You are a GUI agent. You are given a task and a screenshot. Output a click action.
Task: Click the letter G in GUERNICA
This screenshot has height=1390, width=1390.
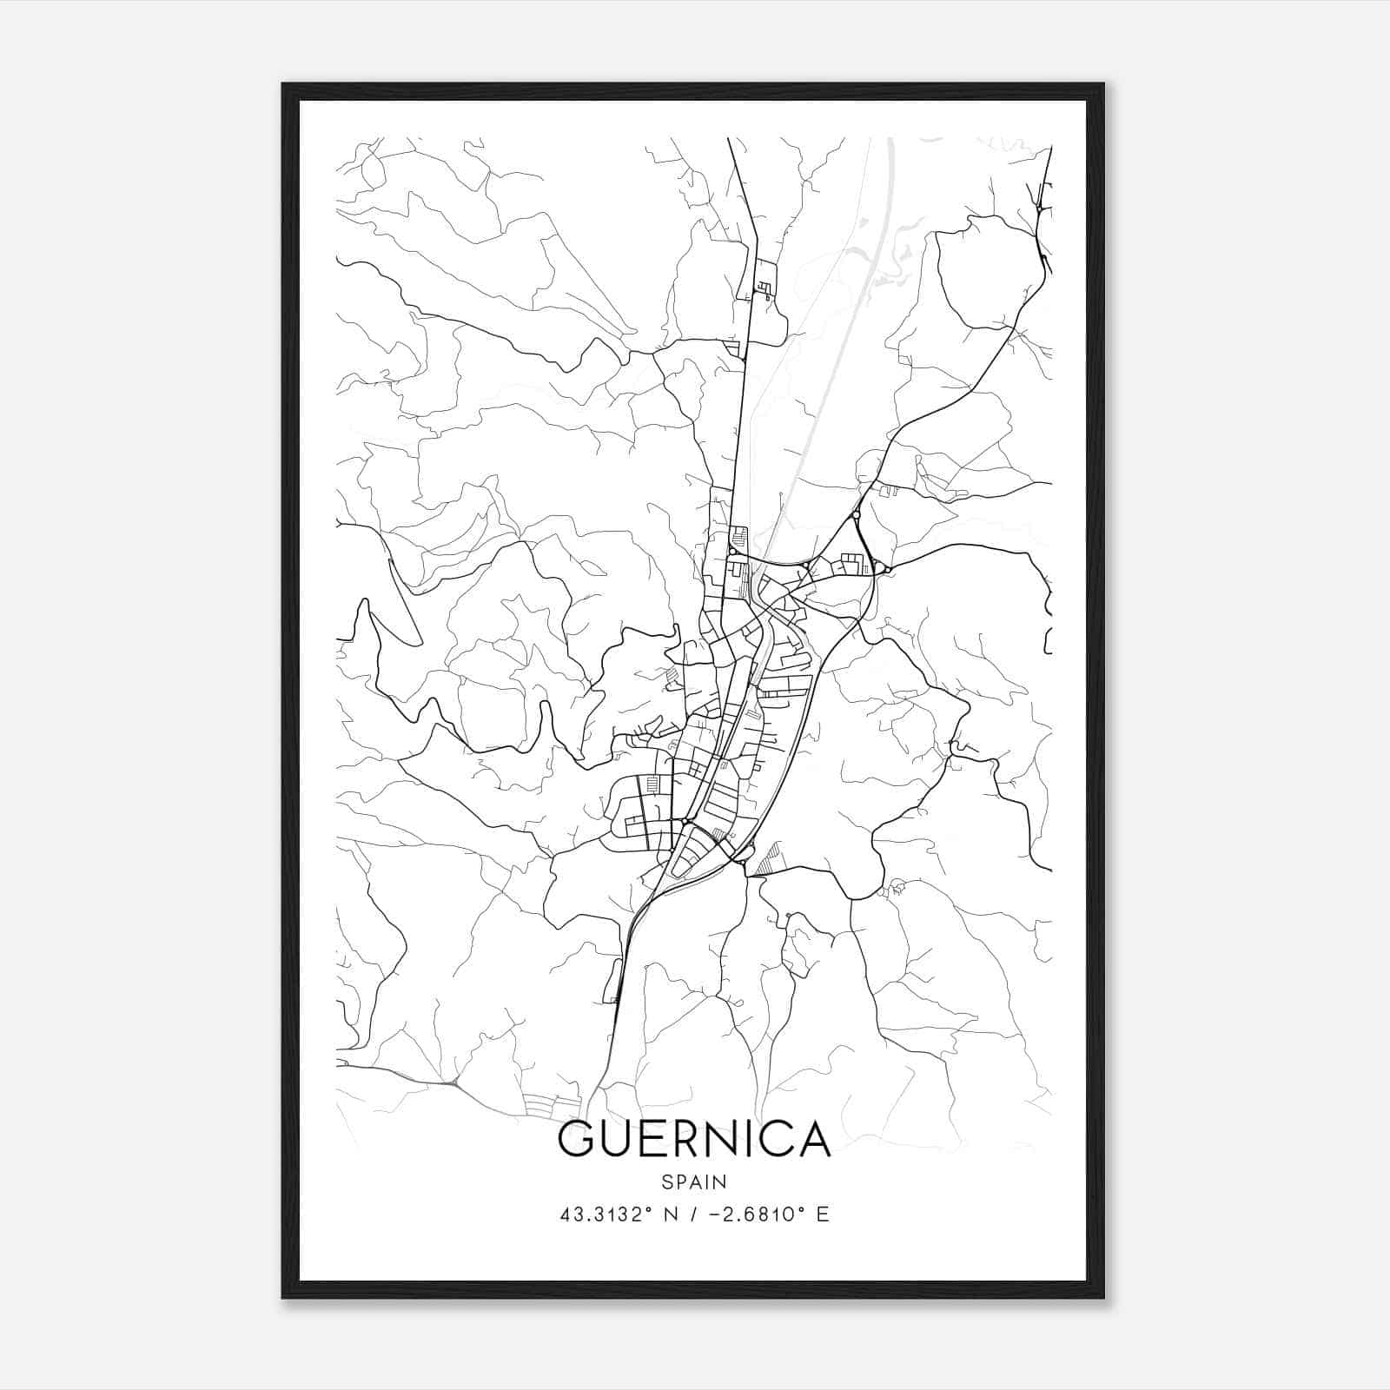pos(578,1139)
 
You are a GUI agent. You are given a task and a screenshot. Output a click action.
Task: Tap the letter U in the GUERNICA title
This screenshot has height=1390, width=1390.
pos(619,1139)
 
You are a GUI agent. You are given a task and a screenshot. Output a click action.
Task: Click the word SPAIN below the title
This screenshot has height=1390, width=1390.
pos(693,1182)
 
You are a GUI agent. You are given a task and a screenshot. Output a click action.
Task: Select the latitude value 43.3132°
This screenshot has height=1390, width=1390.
pos(606,1215)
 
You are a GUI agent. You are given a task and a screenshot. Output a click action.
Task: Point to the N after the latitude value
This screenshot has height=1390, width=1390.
pos(671,1215)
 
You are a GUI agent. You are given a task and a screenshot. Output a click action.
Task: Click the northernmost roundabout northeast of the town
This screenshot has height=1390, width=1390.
pos(857,515)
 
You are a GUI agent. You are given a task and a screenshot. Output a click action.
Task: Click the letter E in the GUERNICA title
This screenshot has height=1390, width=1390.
pos(656,1139)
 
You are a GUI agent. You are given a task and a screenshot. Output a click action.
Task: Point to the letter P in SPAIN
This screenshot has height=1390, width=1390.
pos(679,1182)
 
